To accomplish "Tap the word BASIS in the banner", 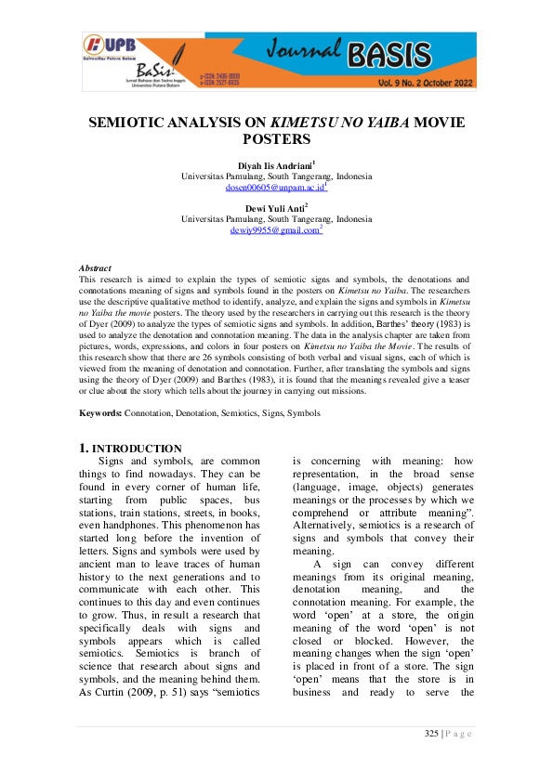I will coord(390,57).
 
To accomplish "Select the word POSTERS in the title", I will coord(276,139).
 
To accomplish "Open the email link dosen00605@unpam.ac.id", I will coord(275,187).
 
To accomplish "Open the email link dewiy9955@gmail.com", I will coord(275,229).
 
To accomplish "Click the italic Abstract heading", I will coord(95,267).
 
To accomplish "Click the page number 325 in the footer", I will coord(431,734).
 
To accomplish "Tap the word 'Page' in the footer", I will coord(458,734).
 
